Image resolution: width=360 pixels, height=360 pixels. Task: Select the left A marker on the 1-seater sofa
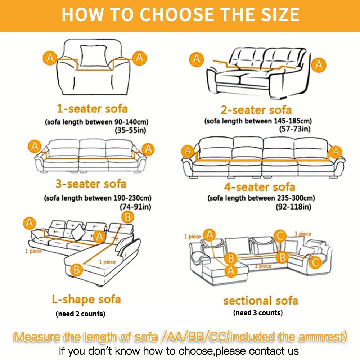[51, 57]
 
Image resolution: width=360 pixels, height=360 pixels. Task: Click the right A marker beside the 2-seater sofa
[319, 64]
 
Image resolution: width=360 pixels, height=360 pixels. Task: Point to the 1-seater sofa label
[92, 108]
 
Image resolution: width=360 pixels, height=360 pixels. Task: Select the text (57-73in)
[295, 129]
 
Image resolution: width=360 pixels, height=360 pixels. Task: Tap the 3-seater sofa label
[91, 184]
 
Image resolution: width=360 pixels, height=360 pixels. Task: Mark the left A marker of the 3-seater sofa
[35, 147]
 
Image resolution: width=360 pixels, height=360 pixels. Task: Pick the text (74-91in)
[135, 207]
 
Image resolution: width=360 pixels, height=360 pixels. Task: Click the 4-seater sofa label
[259, 187]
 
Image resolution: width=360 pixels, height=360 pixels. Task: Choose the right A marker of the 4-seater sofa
[336, 152]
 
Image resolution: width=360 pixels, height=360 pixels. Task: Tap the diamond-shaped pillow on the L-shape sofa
[78, 232]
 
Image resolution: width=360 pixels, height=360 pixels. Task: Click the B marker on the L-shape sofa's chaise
[76, 269]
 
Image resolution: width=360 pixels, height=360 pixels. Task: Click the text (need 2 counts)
[81, 314]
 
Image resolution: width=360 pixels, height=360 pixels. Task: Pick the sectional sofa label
[260, 300]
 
